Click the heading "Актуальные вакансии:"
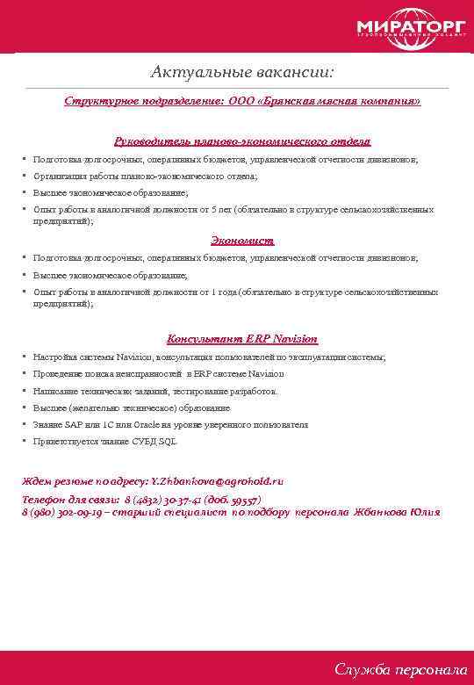[x=241, y=69]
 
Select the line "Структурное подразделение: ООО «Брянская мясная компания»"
[x=241, y=102]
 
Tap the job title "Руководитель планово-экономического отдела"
[x=242, y=141]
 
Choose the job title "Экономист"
[x=242, y=240]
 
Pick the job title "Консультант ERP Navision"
[x=242, y=339]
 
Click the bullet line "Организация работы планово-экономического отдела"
[x=145, y=177]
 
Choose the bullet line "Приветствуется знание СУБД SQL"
[x=104, y=442]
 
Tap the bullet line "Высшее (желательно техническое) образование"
[x=132, y=408]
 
